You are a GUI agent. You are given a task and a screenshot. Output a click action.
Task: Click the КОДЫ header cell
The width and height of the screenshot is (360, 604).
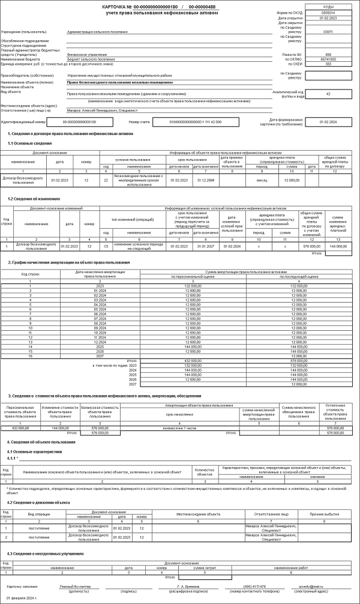click(x=328, y=7)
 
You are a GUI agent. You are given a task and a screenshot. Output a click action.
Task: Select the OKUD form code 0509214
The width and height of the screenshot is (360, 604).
click(x=328, y=12)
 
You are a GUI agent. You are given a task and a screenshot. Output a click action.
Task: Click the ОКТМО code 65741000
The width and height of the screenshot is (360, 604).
click(x=328, y=59)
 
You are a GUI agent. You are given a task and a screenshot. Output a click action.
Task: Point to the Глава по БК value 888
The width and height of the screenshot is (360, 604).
click(x=328, y=54)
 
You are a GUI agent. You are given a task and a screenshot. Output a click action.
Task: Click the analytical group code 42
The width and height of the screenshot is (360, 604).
click(x=328, y=94)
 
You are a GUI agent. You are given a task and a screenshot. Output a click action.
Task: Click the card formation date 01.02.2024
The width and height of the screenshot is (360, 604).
click(x=328, y=121)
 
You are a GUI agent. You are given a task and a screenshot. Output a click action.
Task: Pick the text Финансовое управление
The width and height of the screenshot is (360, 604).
click(x=87, y=55)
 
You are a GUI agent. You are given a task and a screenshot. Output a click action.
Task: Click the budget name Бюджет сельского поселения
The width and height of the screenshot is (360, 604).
click(x=91, y=59)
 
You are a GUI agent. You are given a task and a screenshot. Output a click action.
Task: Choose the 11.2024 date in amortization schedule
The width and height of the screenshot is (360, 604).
click(x=88, y=337)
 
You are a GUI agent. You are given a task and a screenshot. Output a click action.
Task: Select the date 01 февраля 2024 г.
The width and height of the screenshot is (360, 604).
click(x=22, y=599)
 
